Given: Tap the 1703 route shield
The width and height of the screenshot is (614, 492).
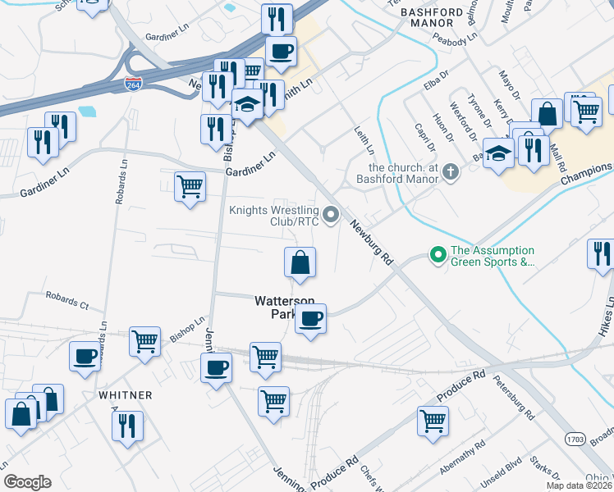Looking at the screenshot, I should point(575,440).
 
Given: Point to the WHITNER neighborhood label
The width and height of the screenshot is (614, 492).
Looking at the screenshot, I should point(126,395).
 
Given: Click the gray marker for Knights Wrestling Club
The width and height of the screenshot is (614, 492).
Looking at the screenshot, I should point(331,215).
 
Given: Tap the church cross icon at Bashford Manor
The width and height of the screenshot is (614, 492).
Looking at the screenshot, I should point(449,173).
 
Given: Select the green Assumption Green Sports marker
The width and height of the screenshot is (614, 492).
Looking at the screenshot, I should point(438,256).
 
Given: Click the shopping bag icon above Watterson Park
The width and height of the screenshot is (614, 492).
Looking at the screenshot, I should point(300,262).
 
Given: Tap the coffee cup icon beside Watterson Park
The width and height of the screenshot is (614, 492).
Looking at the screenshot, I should point(309,318).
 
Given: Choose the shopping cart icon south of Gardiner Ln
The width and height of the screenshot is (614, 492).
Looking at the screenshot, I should point(190,186).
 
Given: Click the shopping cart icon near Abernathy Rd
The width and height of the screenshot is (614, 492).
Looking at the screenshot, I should point(432,421).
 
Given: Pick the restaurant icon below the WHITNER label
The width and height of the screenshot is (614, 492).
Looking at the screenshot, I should point(127,426).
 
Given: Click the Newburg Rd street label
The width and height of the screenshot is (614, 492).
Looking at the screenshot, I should point(370,243).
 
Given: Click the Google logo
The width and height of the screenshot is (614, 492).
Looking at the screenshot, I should point(26,482).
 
